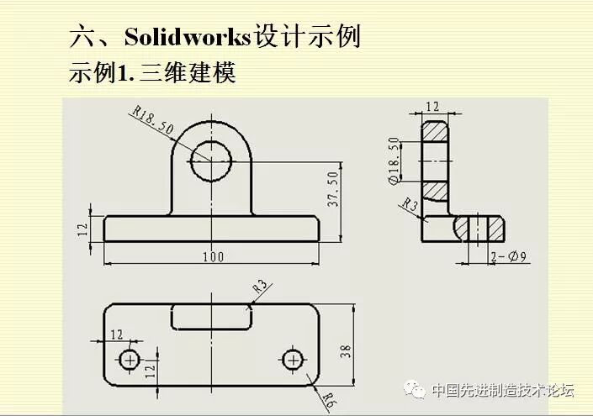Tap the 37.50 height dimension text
[x=332, y=189]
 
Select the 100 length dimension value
[x=213, y=256]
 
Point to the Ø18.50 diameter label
[x=393, y=160]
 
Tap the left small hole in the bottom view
[x=130, y=360]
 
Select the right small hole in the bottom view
[x=293, y=360]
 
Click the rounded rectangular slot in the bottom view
[x=211, y=317]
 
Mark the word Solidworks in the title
[x=188, y=37]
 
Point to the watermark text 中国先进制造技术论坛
[x=502, y=390]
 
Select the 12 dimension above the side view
[x=433, y=107]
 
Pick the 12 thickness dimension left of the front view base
[x=82, y=229]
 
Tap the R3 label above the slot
[x=261, y=287]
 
